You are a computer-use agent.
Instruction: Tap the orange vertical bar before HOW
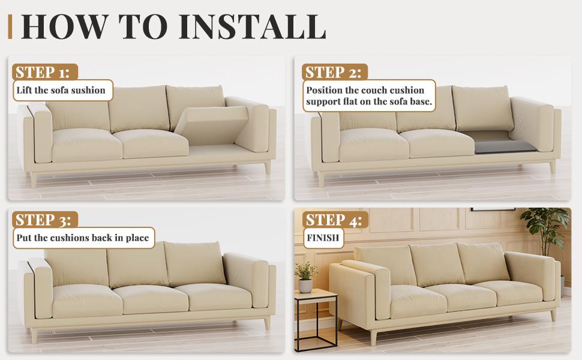pos(10,26)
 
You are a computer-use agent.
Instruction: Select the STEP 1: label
pos(43,72)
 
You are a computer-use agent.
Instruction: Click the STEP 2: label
pos(333,72)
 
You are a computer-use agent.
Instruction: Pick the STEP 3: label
pos(43,220)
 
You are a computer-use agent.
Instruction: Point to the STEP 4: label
pos(333,220)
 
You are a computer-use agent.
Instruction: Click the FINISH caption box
pos(323,238)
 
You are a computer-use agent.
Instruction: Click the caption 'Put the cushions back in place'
pos(83,238)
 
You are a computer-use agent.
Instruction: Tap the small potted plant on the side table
pos(307,278)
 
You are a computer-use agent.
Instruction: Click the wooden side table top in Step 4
pos(315,294)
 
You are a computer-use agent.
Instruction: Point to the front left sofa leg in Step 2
pos(322,178)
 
